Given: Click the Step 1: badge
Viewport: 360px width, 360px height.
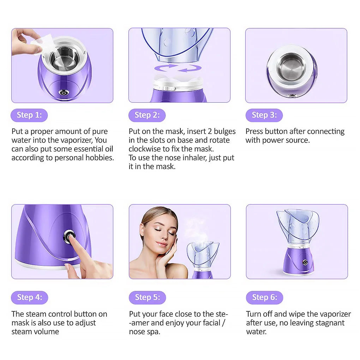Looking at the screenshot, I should point(29,115).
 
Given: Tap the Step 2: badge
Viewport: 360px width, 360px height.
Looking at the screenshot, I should point(147,115).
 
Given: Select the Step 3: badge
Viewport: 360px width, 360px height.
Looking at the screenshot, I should point(264,115).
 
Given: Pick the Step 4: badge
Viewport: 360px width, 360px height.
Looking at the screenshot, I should point(29,298).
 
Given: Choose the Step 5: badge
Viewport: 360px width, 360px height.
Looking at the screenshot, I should point(147,298).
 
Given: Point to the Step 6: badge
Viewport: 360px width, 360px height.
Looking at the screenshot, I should point(264,298).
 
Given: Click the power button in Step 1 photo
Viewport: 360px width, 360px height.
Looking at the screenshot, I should point(64,93).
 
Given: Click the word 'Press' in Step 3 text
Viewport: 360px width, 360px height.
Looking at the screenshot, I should point(254,131).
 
